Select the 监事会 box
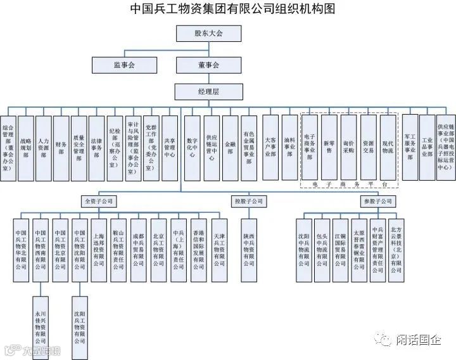[123, 65]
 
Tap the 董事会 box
[208, 65]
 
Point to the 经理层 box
[208, 93]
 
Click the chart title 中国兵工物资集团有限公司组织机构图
[228, 9]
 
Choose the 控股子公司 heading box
[248, 201]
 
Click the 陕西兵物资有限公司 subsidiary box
[248, 250]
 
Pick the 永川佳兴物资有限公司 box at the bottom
[42, 327]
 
